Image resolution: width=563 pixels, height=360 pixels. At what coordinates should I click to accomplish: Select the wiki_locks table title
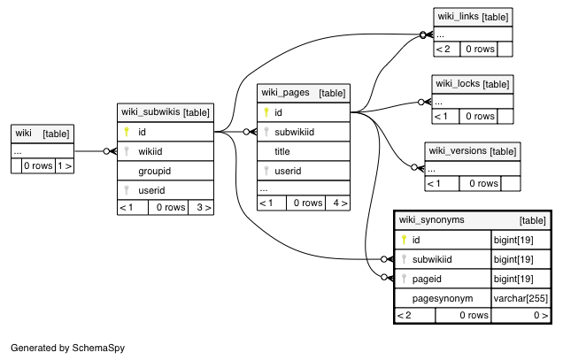pos(458,84)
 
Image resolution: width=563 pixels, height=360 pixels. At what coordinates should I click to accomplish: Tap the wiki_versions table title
pos(458,150)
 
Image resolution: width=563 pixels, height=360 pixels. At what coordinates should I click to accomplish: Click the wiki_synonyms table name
pos(432,219)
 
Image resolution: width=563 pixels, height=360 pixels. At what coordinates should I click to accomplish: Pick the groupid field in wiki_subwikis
pos(154,171)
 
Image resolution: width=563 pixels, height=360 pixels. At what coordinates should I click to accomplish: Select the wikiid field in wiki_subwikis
pos(150,151)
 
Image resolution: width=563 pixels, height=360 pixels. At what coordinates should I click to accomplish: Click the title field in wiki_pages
pos(282,151)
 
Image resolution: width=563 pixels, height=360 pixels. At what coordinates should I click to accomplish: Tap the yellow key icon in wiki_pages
pos(266,112)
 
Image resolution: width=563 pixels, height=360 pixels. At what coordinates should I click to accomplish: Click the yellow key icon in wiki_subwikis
pos(127,132)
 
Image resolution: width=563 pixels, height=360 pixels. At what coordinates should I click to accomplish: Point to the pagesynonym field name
pos(443,298)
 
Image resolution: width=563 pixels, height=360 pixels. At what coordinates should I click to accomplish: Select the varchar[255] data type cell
pos(521,298)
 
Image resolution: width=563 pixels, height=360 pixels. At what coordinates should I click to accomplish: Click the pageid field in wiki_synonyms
pos(427,279)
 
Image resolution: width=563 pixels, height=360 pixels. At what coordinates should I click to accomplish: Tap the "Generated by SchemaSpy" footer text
pos(68,348)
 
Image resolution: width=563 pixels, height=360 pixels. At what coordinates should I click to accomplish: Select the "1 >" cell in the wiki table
pos(65,165)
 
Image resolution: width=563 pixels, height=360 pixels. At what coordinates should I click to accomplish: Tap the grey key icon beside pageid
pos(404,279)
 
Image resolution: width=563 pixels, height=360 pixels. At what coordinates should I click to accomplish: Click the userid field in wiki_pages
pos(288,171)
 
